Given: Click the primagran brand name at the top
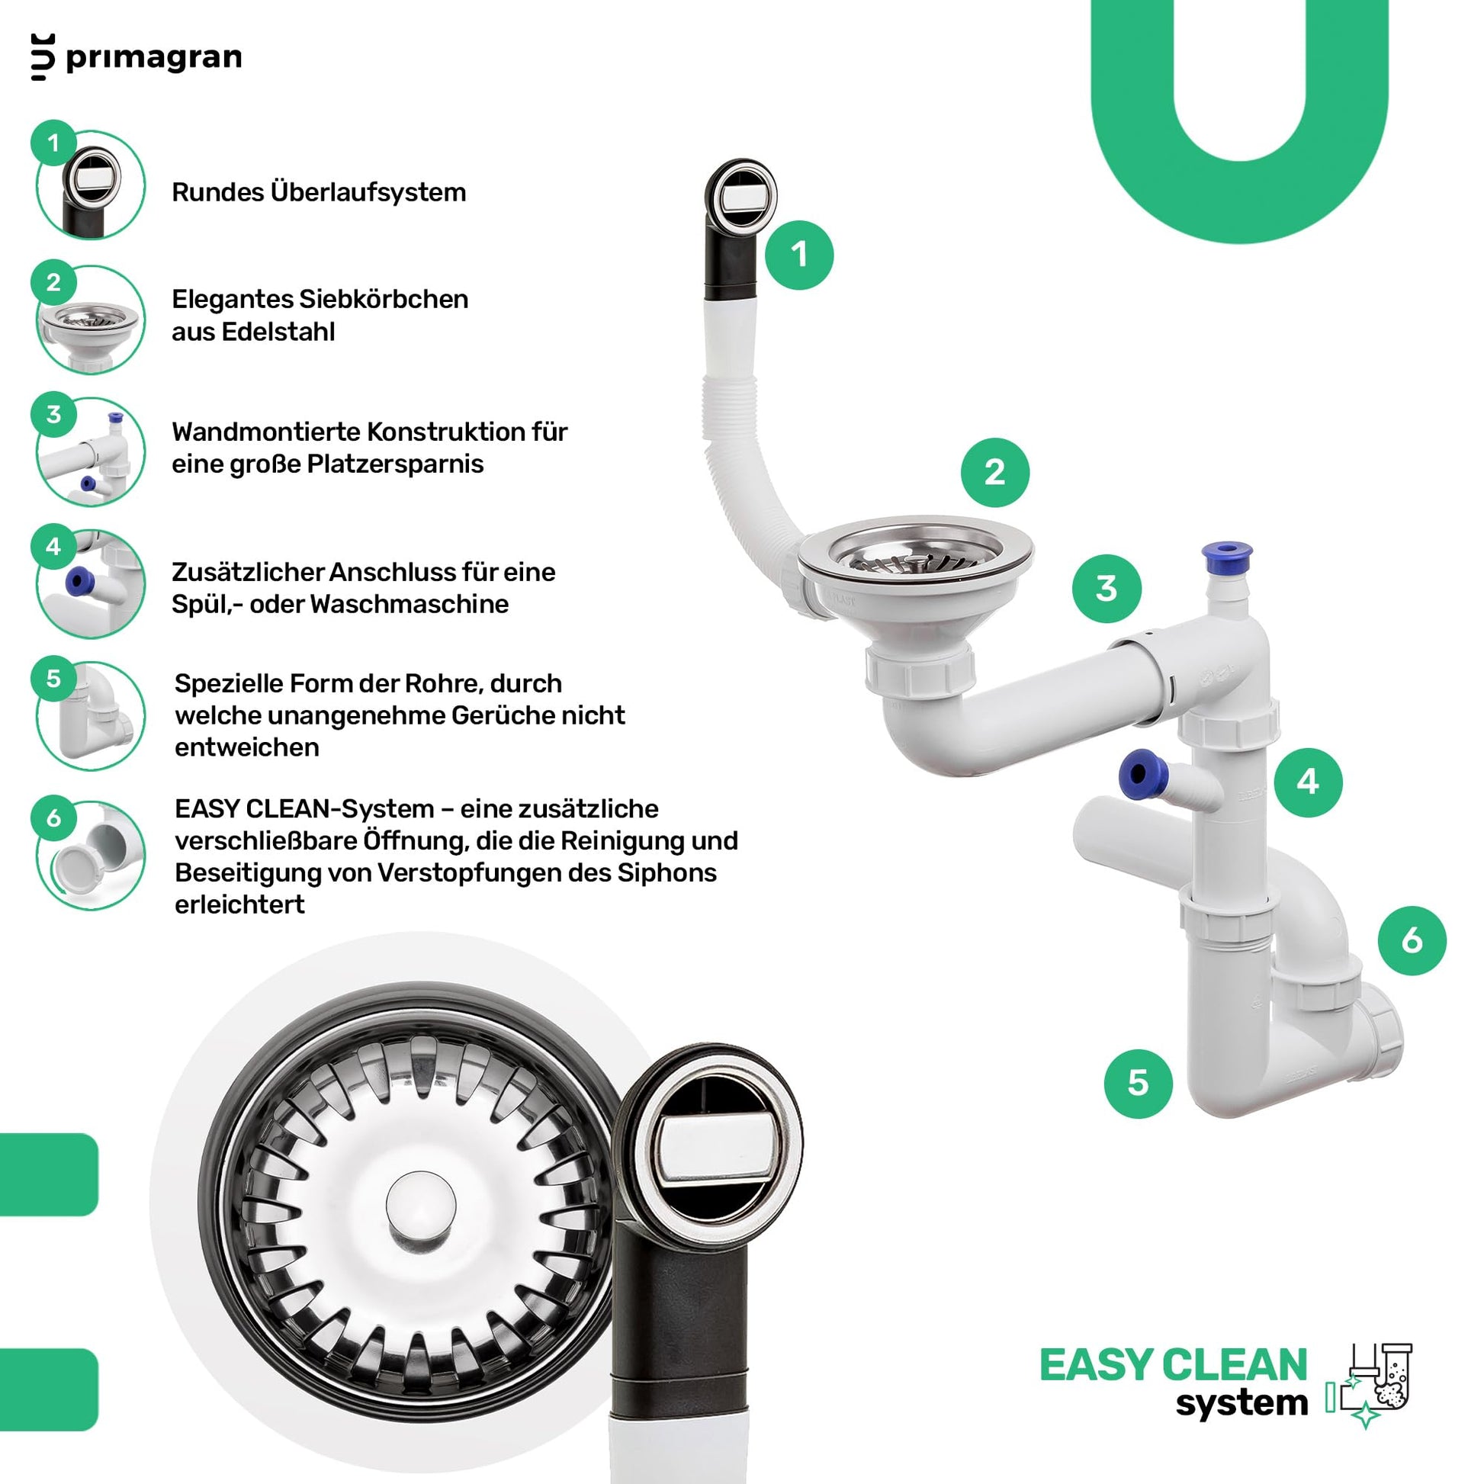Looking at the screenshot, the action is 153,58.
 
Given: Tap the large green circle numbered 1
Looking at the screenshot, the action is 799,255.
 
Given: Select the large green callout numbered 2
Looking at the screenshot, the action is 994,472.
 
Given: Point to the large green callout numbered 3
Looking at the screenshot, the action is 1106,589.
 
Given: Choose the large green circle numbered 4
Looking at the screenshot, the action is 1308,782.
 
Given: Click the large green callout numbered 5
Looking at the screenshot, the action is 1138,1083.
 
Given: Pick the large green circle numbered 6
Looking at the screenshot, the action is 1412,940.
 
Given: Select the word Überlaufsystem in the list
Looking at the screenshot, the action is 368,192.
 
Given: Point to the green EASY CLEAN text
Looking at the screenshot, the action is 1173,1365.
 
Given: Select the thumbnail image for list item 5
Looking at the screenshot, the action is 91,716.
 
